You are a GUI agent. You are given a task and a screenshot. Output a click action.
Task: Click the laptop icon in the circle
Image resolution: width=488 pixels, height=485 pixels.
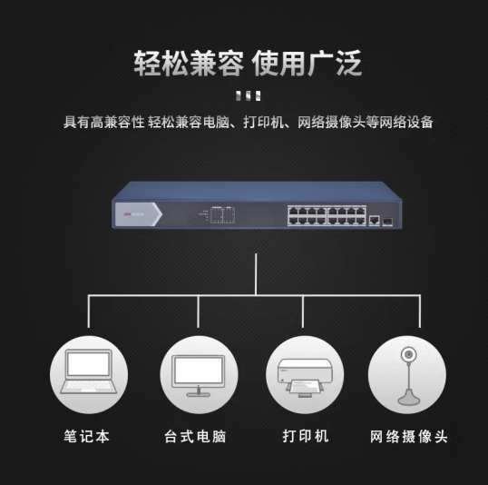[89, 371]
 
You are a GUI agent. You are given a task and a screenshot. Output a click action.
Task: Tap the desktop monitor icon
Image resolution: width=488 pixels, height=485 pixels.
[199, 376]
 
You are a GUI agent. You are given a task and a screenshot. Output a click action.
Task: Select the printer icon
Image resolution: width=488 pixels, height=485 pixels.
[305, 378]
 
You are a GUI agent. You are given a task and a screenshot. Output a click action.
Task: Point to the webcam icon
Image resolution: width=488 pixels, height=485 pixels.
[407, 376]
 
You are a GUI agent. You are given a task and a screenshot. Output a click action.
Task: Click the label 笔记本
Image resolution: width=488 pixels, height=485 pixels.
[86, 436]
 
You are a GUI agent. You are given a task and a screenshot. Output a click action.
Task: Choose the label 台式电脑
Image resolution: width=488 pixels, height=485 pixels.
[195, 436]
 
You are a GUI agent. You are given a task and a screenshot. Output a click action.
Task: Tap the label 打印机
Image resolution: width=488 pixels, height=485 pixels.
[306, 436]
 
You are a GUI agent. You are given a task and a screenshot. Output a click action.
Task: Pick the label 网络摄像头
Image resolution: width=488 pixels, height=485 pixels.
[409, 436]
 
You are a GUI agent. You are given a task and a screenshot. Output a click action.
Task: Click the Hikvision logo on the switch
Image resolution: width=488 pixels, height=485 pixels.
[134, 214]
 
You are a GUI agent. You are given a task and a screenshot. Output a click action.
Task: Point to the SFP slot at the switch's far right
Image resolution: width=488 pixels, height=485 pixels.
[387, 222]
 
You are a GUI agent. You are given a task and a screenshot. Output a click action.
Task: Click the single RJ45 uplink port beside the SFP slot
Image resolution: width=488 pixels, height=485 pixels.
[374, 220]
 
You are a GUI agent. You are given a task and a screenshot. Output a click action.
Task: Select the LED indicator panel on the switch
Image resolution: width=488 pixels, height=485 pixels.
[222, 214]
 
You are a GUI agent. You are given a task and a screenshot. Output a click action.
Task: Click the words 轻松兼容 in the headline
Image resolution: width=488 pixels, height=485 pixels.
[189, 64]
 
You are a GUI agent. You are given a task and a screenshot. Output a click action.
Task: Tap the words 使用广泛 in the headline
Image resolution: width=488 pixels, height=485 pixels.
[307, 64]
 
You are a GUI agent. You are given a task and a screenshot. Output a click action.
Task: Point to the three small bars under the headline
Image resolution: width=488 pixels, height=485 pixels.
[248, 95]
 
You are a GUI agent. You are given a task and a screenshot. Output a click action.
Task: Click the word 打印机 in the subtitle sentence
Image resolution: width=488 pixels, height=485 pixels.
[263, 122]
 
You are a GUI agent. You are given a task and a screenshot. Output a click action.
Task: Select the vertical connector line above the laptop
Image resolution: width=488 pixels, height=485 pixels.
[89, 312]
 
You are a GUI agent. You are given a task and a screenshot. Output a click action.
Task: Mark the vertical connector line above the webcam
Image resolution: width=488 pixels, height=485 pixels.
[420, 312]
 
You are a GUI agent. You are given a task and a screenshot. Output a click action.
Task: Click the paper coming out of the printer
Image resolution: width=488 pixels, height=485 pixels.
[305, 387]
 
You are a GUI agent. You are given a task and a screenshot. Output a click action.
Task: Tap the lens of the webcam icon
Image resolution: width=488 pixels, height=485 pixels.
[407, 355]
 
